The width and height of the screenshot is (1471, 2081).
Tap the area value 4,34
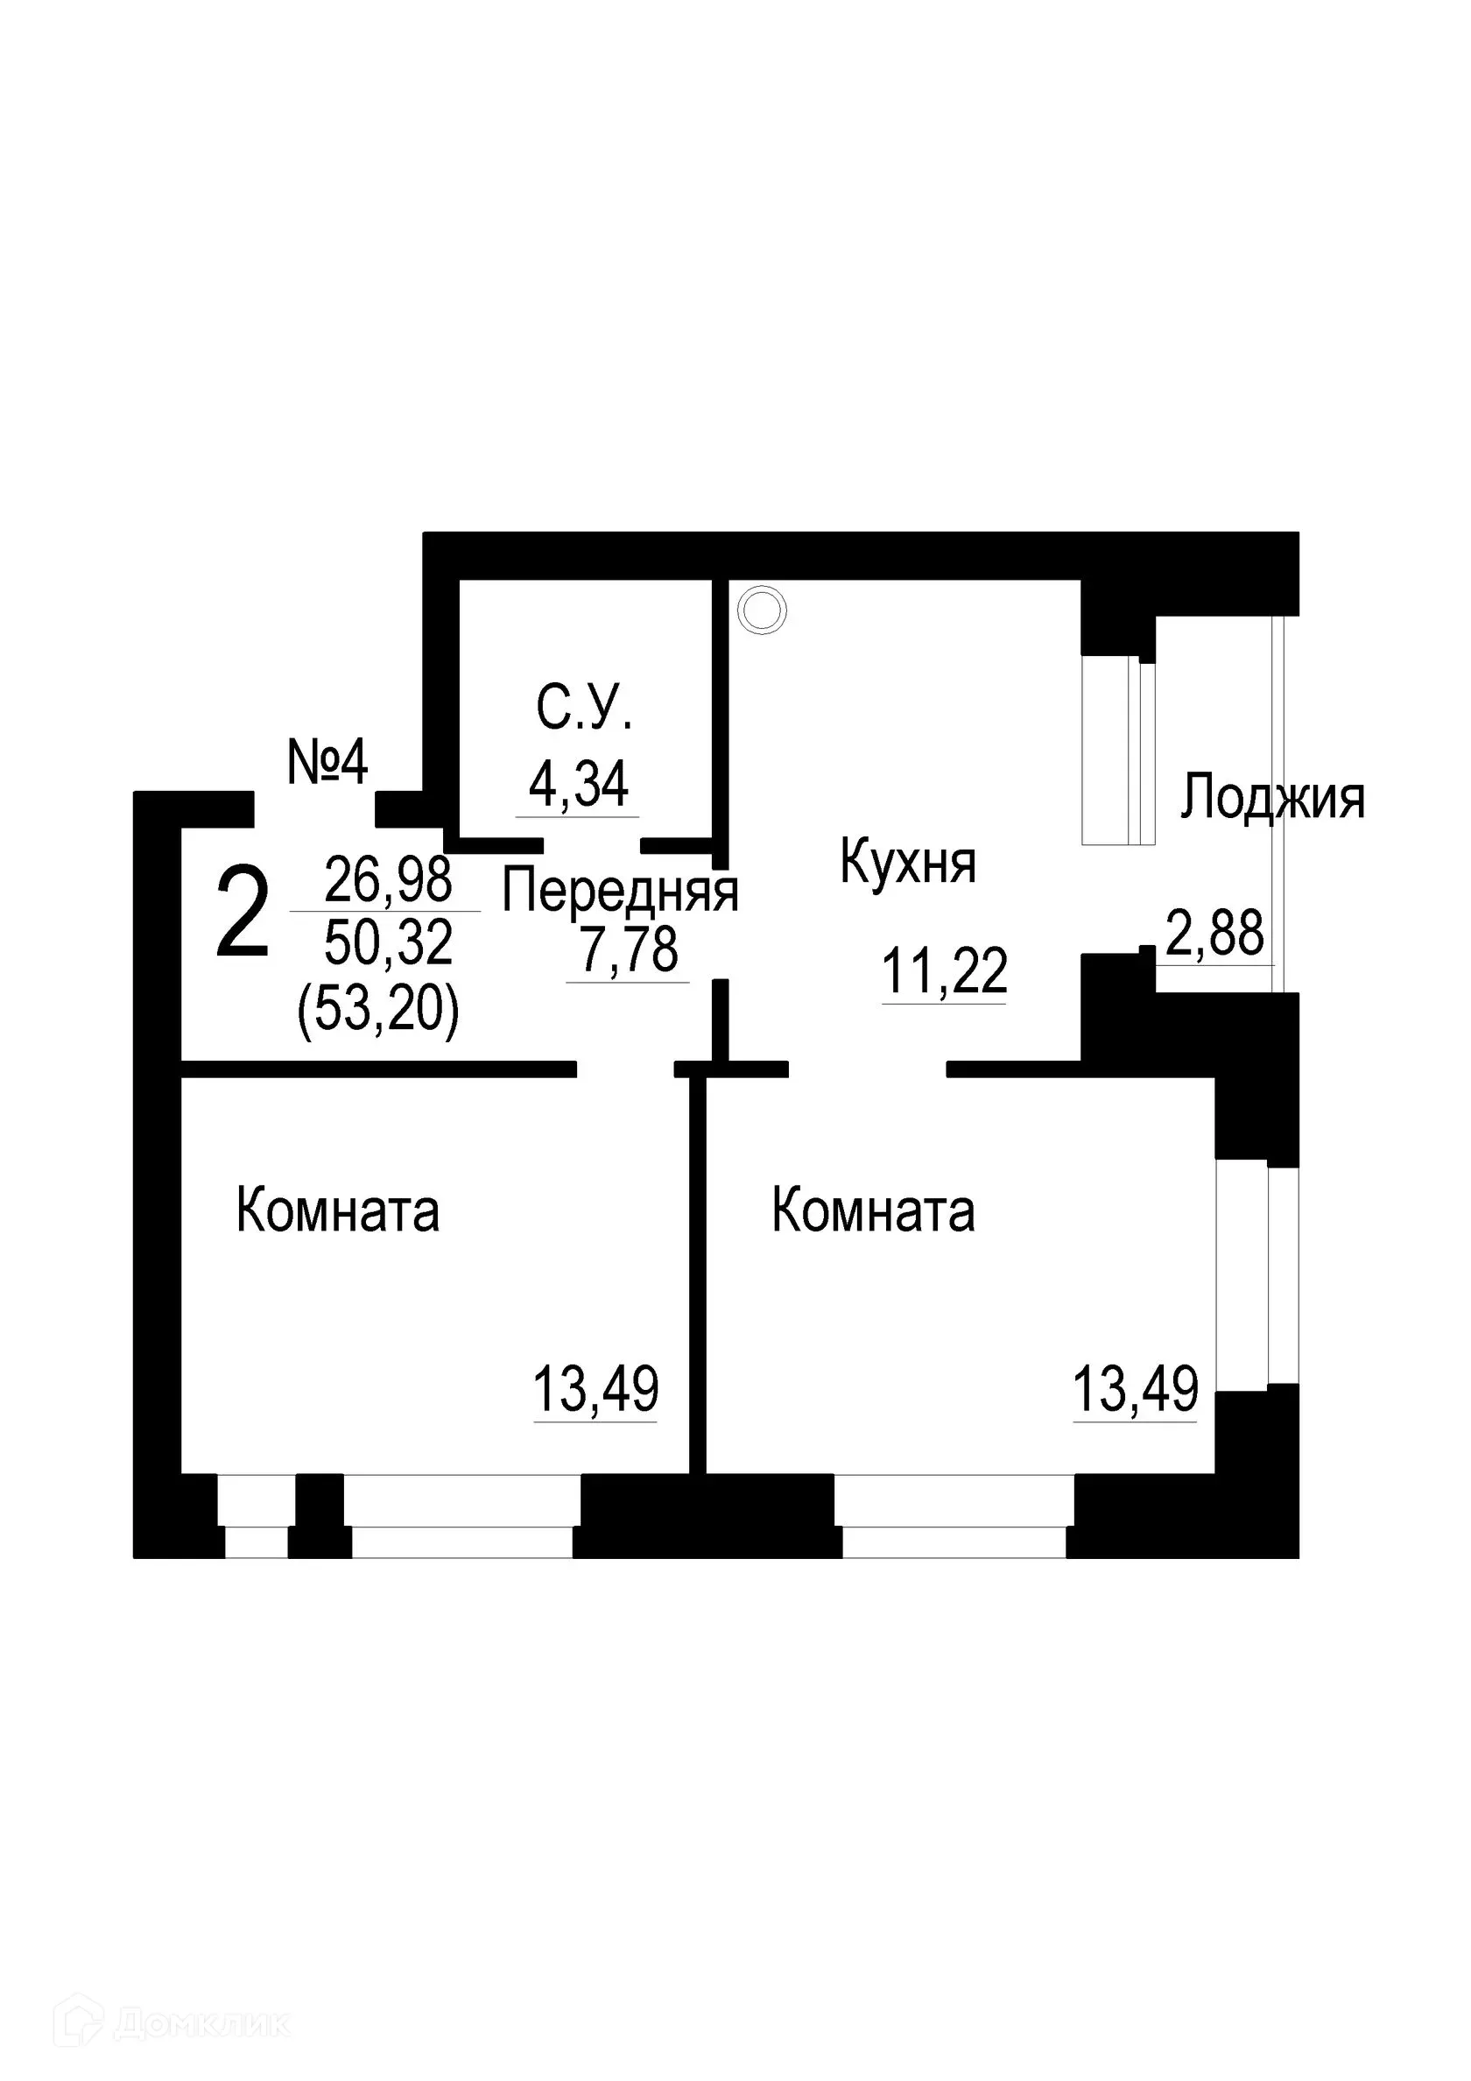tap(578, 785)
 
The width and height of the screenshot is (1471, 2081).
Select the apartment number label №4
tap(327, 763)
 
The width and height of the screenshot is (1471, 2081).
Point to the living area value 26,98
tap(388, 880)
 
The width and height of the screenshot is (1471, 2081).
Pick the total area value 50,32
tap(388, 943)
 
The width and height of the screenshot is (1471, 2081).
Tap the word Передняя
tap(620, 892)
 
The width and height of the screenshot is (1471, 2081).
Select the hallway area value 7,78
tap(629, 951)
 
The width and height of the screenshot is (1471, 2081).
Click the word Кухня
tap(907, 862)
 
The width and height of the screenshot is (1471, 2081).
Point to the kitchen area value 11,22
tap(945, 971)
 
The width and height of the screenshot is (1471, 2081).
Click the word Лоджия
tap(1271, 799)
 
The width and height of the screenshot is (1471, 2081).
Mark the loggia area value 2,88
tap(1214, 935)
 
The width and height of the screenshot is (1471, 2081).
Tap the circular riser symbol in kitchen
tap(762, 612)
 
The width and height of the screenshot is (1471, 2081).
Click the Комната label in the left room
tap(337, 1211)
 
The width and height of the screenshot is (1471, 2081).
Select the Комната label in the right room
tap(873, 1211)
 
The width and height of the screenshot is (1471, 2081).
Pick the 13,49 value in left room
tap(595, 1389)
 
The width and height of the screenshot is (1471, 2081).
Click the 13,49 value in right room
tap(1136, 1389)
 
